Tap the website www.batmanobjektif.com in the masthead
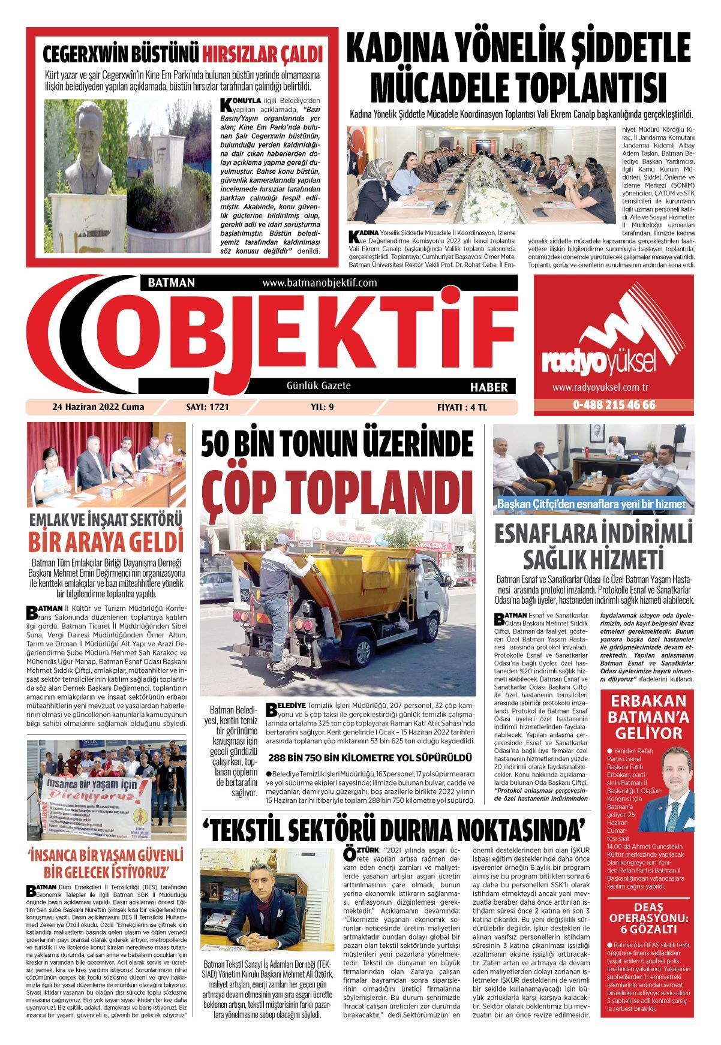320,283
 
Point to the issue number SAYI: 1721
208,407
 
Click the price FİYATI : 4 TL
462,407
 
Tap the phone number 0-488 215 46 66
614,405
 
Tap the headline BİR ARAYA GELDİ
106,541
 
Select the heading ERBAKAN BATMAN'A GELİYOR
646,717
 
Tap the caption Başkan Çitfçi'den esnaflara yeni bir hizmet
591,504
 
